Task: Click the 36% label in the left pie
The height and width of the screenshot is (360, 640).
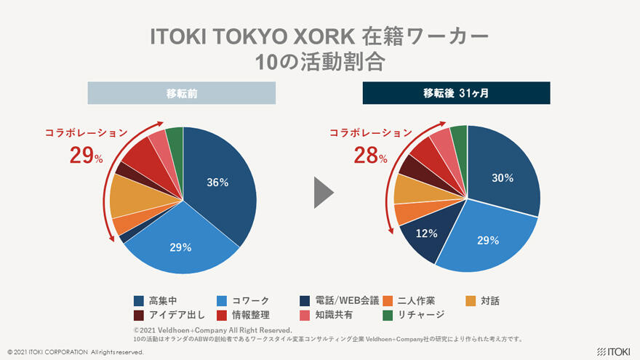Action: pyautogui.click(x=217, y=183)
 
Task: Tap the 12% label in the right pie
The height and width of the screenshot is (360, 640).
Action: pyautogui.click(x=426, y=233)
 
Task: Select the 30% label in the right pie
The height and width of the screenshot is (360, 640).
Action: pyautogui.click(x=503, y=178)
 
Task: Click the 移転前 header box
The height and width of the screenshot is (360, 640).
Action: pyautogui.click(x=182, y=93)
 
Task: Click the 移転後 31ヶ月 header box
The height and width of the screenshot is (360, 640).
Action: pyautogui.click(x=456, y=93)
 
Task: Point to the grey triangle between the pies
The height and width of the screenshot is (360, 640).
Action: pyautogui.click(x=323, y=193)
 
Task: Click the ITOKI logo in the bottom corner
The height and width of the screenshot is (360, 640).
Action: pyautogui.click(x=612, y=351)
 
